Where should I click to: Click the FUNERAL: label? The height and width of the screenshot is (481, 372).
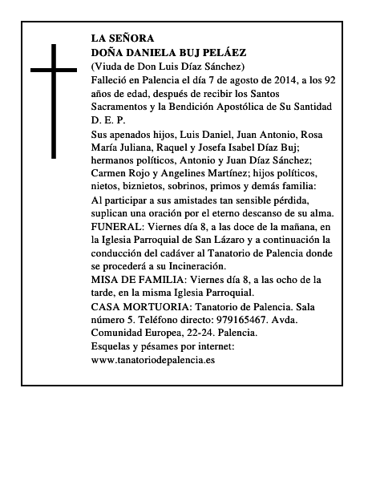point(120,228)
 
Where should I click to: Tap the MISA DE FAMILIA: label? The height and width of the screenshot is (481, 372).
point(141,279)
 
